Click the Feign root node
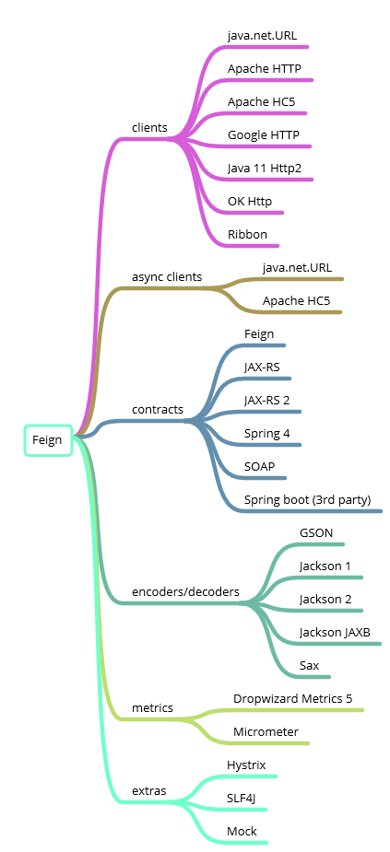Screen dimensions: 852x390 click(x=47, y=440)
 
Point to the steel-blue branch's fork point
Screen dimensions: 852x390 click(x=194, y=422)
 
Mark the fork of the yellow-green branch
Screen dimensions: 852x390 click(x=190, y=718)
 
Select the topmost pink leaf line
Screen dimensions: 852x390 click(x=267, y=47)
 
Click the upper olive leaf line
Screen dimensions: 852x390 click(x=295, y=279)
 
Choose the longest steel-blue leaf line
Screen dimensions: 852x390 click(x=313, y=511)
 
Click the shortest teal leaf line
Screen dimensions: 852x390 click(x=309, y=677)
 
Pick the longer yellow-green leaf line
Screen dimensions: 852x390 click(x=295, y=710)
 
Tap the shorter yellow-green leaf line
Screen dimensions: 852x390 click(x=267, y=743)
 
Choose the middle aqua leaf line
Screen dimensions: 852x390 click(x=235, y=810)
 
